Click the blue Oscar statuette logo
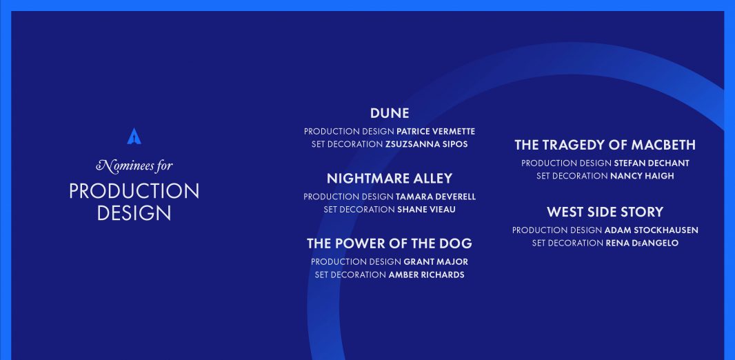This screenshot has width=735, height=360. [134, 137]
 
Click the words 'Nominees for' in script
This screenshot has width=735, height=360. [134, 166]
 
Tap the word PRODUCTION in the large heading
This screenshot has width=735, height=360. [134, 191]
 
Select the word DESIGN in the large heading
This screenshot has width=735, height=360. [134, 213]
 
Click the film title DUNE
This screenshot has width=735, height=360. [390, 113]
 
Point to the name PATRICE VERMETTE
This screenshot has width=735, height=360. [436, 131]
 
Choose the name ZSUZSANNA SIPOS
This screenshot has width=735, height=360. [427, 144]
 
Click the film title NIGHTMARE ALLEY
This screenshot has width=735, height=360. [390, 178]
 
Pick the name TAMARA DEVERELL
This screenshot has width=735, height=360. [436, 197]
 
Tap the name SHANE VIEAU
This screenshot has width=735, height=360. [426, 209]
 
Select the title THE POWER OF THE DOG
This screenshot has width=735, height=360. [390, 243]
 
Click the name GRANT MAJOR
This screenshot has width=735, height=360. [436, 261]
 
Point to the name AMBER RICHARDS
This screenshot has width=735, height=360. [427, 274]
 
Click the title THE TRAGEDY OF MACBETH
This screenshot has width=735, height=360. [605, 145]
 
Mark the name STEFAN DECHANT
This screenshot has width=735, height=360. [652, 163]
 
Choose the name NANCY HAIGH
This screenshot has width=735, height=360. [642, 176]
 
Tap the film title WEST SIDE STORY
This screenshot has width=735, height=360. [605, 212]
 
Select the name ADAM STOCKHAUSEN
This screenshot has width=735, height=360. [652, 230]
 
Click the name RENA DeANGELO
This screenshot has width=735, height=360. [642, 243]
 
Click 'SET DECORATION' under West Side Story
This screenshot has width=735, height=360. [567, 243]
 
